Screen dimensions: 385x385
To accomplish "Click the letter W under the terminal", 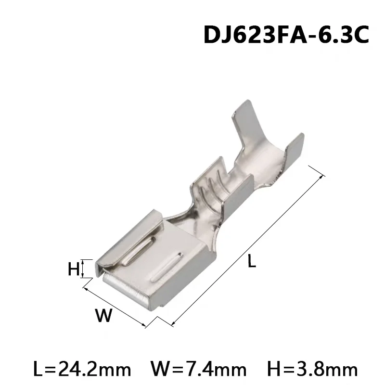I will click(103, 316).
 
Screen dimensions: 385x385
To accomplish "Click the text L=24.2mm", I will click(83, 370).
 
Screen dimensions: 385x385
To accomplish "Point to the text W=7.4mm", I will click(198, 370).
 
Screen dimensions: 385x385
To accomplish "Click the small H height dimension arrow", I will click(84, 269).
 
